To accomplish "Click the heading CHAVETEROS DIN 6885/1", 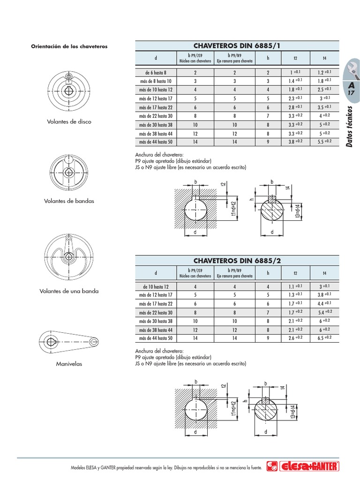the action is point(237,46).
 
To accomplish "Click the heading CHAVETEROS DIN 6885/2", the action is point(237,261).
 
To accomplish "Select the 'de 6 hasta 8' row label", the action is point(156,73).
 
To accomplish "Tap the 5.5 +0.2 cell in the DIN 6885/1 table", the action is point(324,142).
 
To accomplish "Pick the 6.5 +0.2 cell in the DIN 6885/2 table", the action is point(324,338).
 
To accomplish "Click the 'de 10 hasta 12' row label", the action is point(156,287).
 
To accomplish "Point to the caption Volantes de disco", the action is point(69,121).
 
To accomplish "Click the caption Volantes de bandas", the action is point(69,201).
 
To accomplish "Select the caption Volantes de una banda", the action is point(69,291).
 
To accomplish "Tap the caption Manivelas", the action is point(69,364).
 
